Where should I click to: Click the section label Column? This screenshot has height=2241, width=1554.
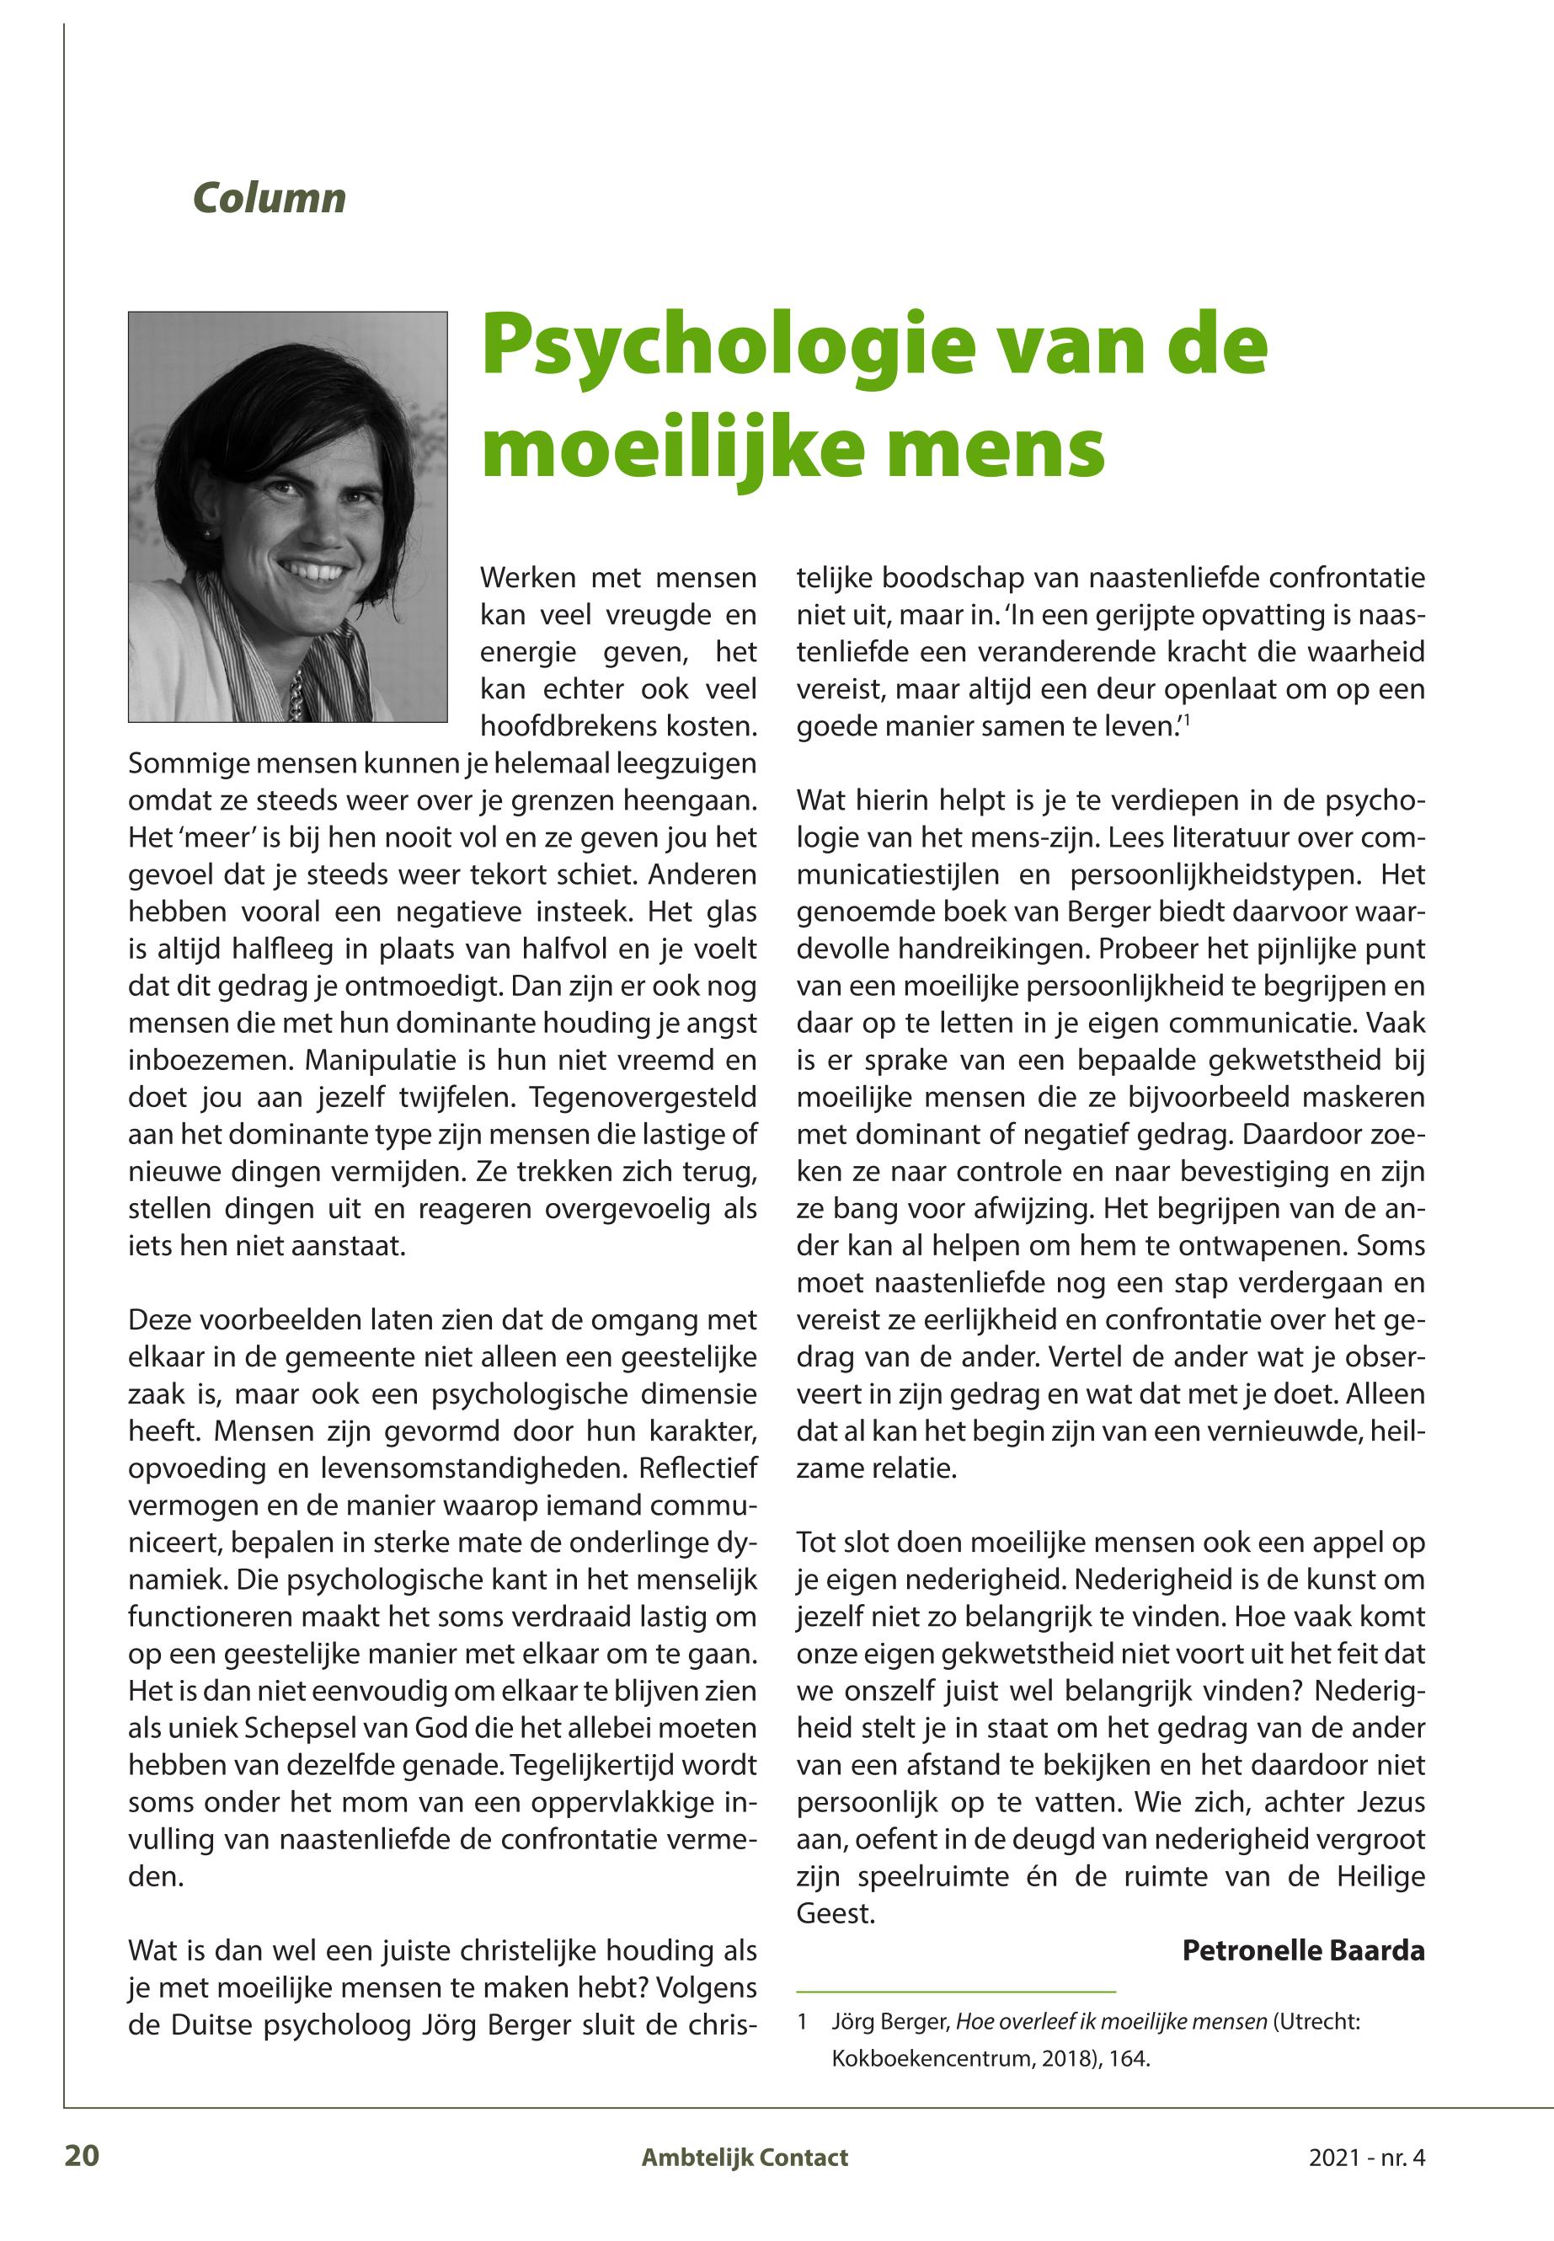tap(269, 198)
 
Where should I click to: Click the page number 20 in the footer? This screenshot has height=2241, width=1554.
tap(82, 2156)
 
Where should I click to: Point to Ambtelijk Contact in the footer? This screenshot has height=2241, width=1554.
tap(744, 2158)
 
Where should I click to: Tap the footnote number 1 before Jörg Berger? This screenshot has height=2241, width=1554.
tap(803, 2022)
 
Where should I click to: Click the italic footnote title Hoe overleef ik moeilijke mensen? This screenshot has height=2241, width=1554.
tap(1111, 2022)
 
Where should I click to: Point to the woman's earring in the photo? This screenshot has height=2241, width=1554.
tap(206, 532)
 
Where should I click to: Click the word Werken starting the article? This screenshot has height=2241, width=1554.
tap(526, 579)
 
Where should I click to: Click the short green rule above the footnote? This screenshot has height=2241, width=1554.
tap(955, 1991)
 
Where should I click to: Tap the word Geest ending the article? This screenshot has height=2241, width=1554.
tap(835, 1914)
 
